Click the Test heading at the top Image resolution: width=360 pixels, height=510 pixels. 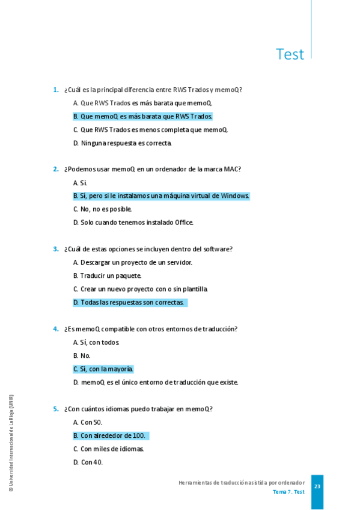(x=290, y=54)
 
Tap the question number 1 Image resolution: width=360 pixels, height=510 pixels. (x=55, y=90)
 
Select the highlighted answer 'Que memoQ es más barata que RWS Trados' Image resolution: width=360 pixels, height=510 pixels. (x=143, y=116)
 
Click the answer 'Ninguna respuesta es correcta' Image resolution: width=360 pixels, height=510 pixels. (x=123, y=143)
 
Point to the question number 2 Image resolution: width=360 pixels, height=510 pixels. (x=55, y=170)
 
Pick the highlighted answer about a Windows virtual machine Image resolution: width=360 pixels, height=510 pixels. (x=161, y=196)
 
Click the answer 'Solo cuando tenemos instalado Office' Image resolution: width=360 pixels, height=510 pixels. (x=133, y=223)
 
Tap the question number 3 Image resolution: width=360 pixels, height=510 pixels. (x=55, y=249)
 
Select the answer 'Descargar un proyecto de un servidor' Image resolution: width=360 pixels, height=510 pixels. (x=133, y=262)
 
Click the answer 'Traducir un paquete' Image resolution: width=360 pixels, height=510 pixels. (x=107, y=275)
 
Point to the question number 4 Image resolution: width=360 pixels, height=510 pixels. (x=55, y=329)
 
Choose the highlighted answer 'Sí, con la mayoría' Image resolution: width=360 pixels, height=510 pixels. (x=103, y=369)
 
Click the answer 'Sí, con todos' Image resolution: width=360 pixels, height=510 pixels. (x=96, y=342)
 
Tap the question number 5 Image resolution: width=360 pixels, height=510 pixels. (x=55, y=409)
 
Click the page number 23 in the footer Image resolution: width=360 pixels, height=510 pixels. (x=317, y=487)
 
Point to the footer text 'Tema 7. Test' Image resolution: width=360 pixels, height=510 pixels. (x=288, y=492)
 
